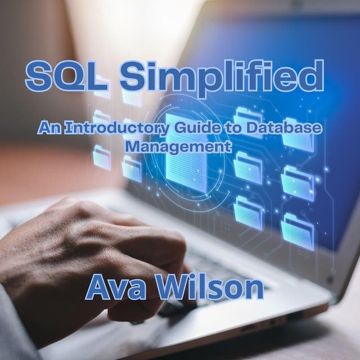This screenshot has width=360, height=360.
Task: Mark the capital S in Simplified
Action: (133, 78)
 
